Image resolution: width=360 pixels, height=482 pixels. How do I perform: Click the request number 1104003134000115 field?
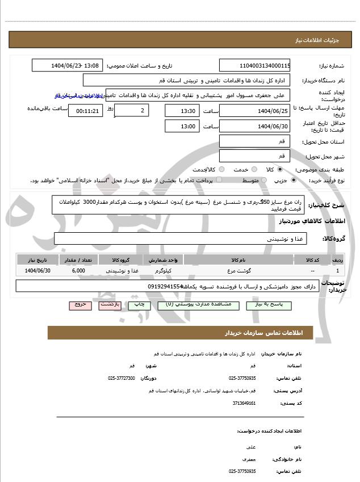point(254,66)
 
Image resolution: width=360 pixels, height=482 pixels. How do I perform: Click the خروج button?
point(80,305)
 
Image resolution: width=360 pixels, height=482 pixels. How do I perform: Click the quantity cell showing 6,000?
point(79,271)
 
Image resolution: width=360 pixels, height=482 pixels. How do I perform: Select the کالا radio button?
point(280,170)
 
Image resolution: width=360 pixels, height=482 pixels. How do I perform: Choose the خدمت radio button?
point(253,170)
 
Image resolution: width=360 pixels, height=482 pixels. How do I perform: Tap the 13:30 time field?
point(181,111)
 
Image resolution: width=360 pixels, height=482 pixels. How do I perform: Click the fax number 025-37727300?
point(122,378)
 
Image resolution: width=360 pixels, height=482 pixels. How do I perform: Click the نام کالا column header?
point(239,260)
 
